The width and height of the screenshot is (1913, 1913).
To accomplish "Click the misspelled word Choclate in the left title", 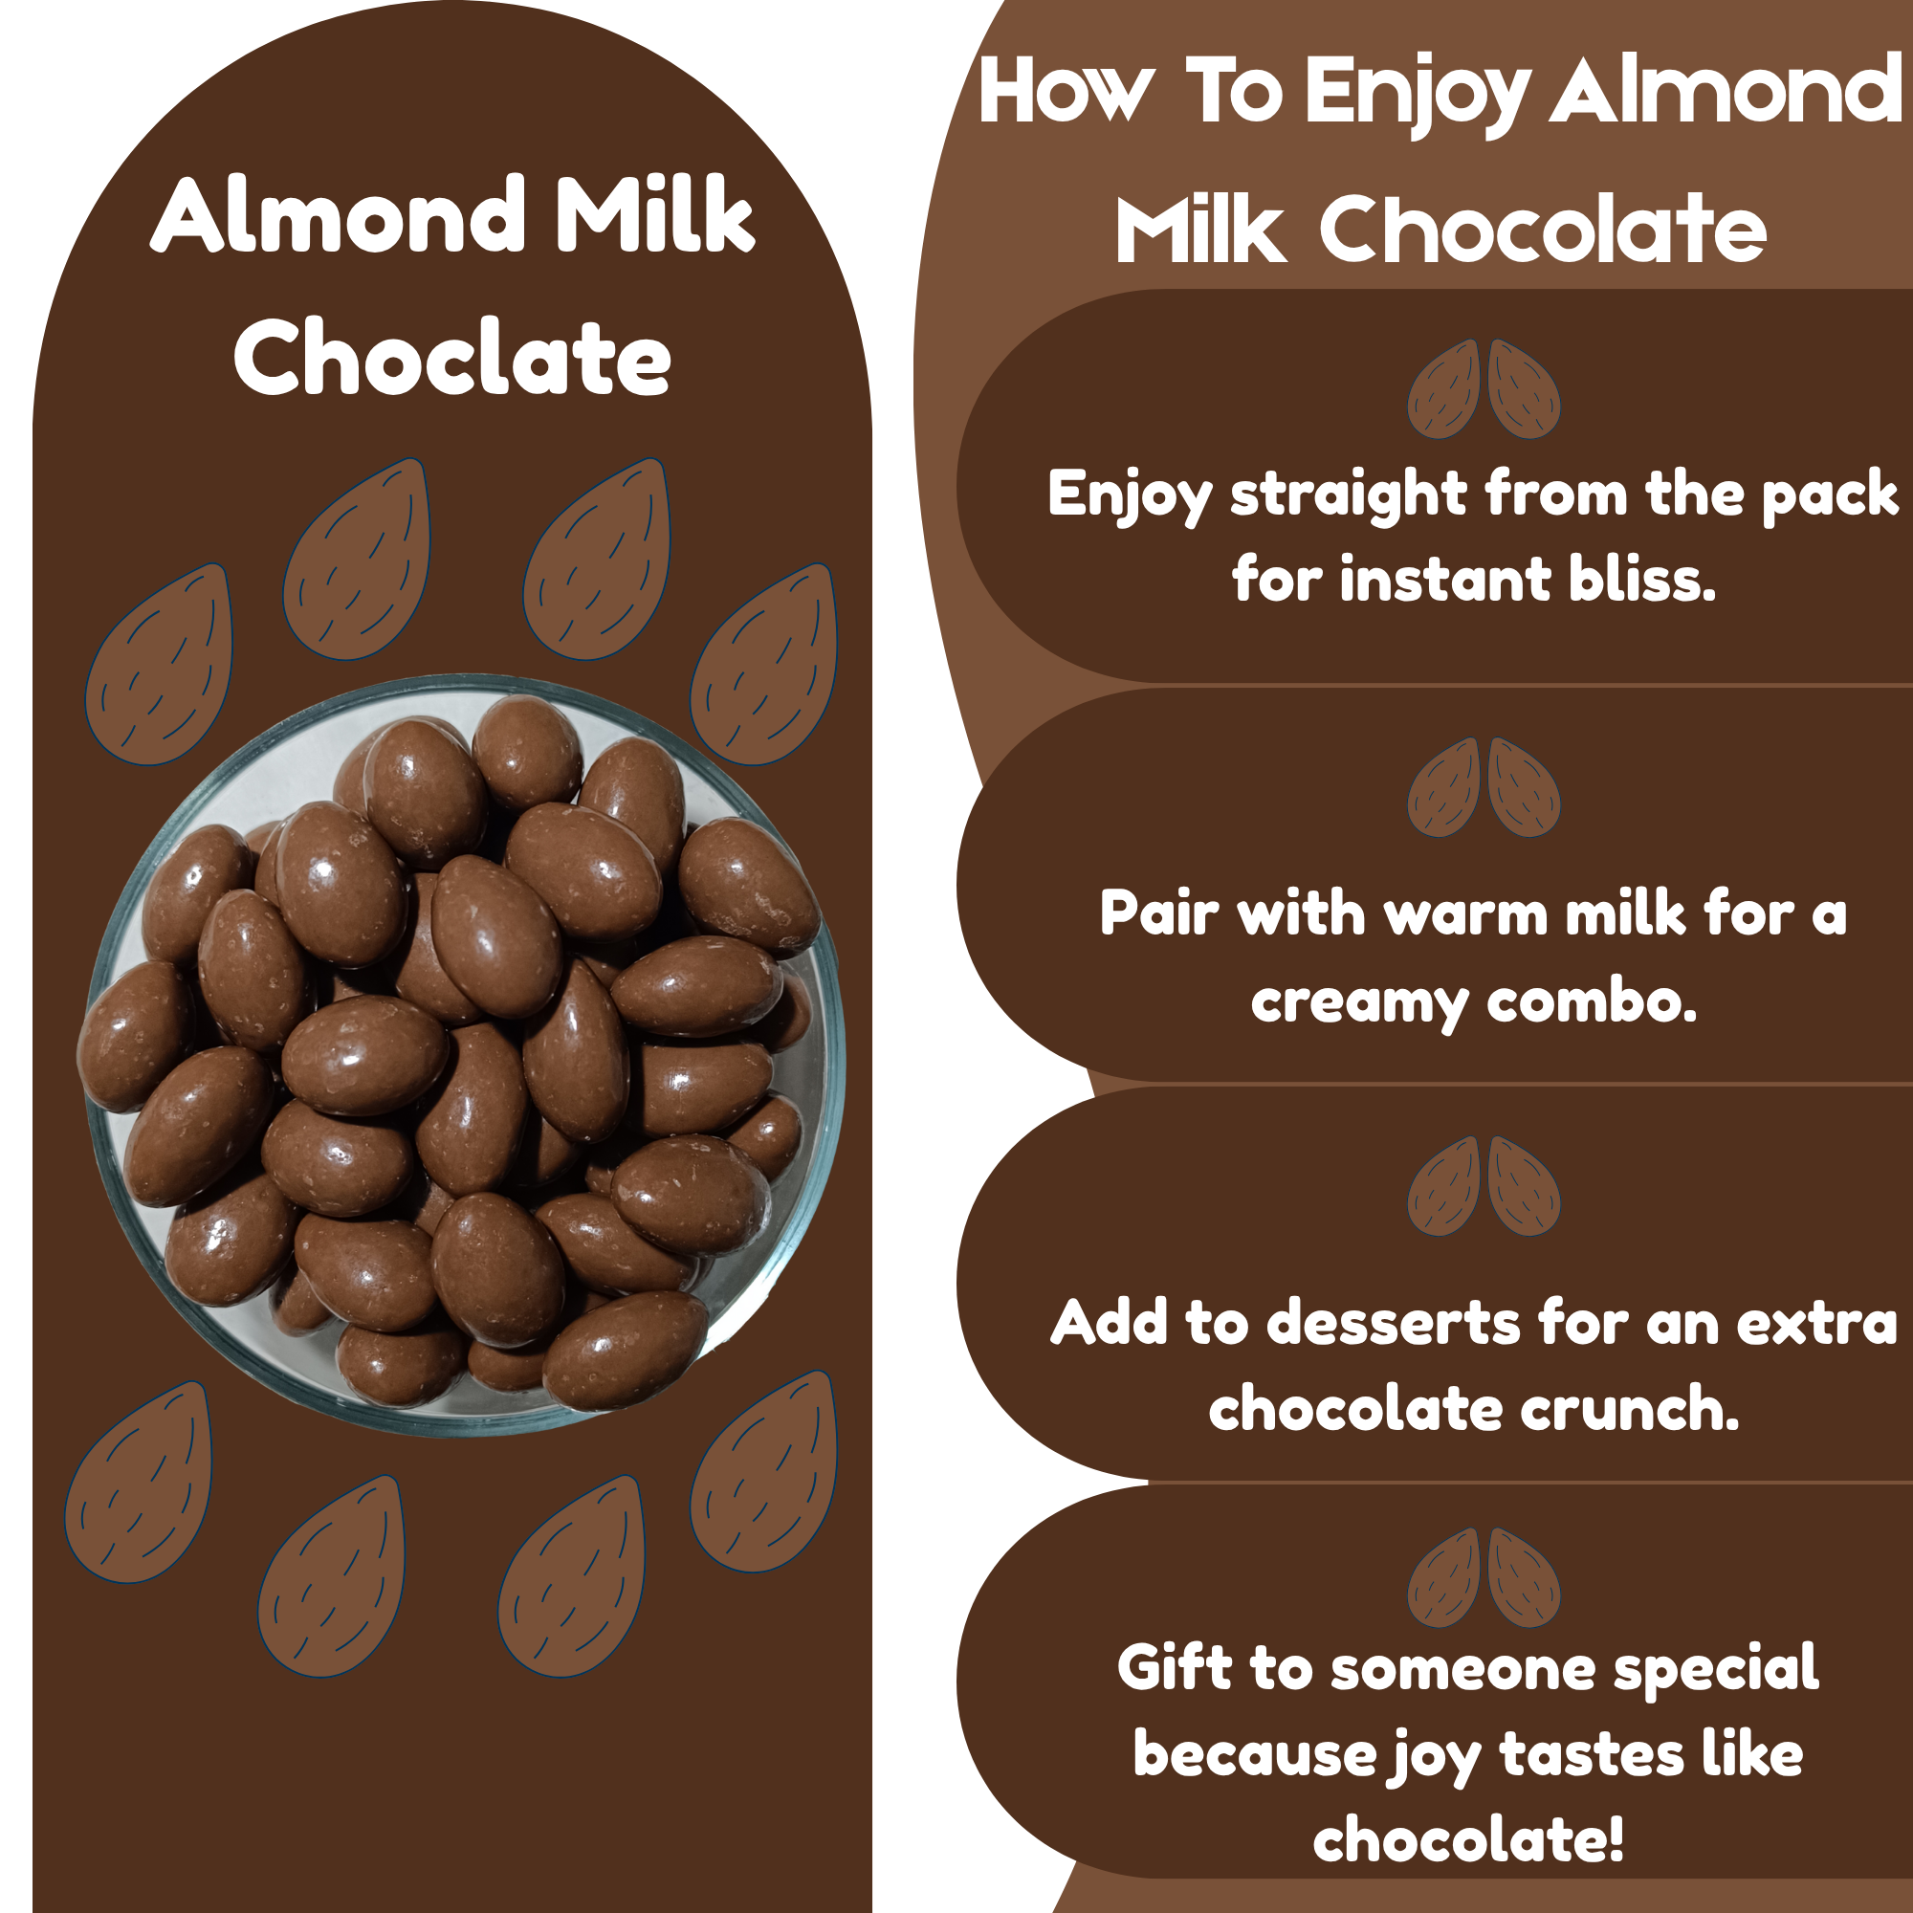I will click(x=452, y=359).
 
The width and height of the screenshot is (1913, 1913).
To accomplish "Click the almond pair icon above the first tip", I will click(x=1484, y=389).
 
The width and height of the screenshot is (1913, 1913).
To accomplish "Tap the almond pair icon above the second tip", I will click(x=1484, y=787).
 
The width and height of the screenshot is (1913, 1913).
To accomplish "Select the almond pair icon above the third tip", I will click(x=1484, y=1186).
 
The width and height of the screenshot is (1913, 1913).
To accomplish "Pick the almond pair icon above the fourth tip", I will click(x=1484, y=1577).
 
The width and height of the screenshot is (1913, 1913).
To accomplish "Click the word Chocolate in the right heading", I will click(x=1543, y=230).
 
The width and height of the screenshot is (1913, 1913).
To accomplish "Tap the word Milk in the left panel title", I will click(x=654, y=215).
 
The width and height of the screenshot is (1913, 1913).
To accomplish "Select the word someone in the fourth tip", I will click(x=1462, y=1669).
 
